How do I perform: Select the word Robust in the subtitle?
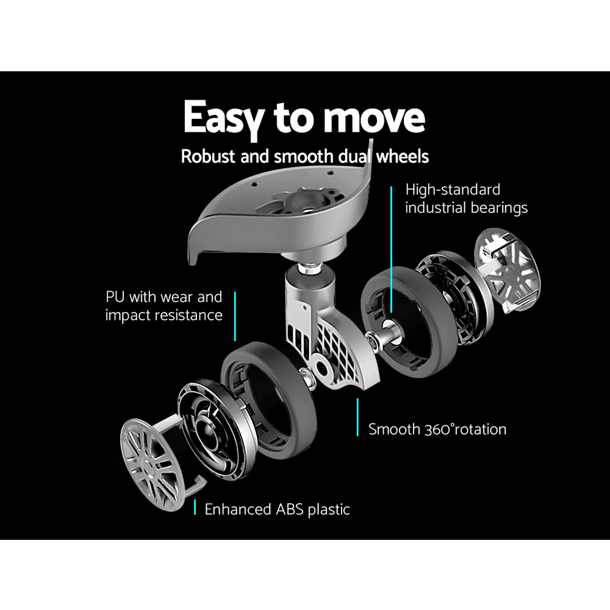[x=208, y=156]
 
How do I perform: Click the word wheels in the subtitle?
[x=402, y=156]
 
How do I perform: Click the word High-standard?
[x=453, y=190]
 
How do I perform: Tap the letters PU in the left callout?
[x=115, y=297]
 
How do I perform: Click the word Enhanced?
[x=238, y=509]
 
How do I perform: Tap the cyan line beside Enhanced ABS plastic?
[x=195, y=508]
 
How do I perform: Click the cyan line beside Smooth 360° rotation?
[x=357, y=417]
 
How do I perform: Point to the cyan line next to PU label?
[x=235, y=316]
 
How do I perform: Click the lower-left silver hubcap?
[x=154, y=465]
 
